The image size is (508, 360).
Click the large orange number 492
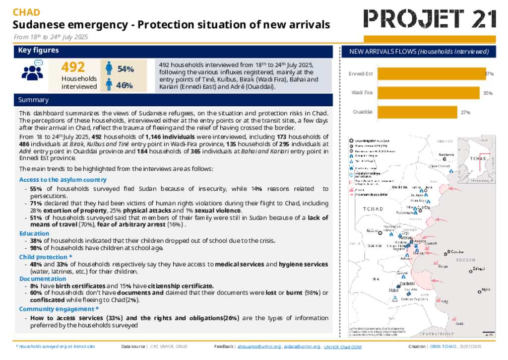pos(73,67)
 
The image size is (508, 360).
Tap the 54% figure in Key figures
pos(125,69)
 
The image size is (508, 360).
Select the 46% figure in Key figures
pos(124,85)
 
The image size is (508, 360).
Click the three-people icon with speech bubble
pos(33,71)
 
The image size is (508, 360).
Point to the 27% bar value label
pos(465,113)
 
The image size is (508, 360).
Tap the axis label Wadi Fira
pos(362,93)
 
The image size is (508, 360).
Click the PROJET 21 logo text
pos(430,19)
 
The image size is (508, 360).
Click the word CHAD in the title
pos(26,12)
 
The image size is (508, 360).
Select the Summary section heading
pos(34,100)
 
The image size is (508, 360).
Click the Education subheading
pos(34,233)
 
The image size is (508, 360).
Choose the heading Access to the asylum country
pos(63,179)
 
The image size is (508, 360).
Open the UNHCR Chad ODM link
pos(343,347)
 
